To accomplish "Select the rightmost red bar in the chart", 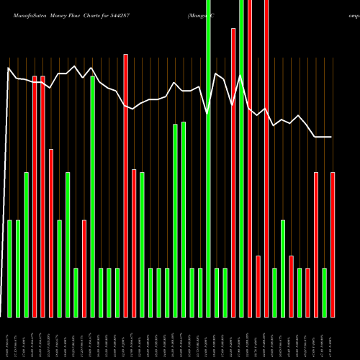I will click(333, 245).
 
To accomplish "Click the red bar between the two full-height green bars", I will click(233, 173).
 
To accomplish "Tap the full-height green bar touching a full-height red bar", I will click(242, 158).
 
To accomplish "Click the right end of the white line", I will click(332, 137).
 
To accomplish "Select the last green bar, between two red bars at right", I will click(325, 292).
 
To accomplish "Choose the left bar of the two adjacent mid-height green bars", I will click(175, 220).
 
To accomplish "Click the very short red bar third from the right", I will click(308, 292).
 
